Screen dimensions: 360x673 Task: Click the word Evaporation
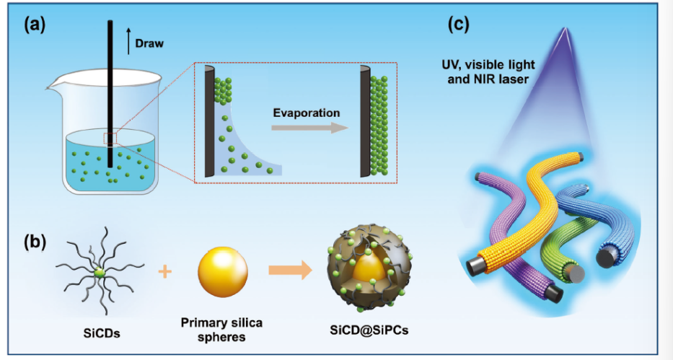(306, 113)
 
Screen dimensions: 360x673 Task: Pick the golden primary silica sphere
(223, 270)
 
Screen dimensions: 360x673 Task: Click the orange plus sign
(167, 271)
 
